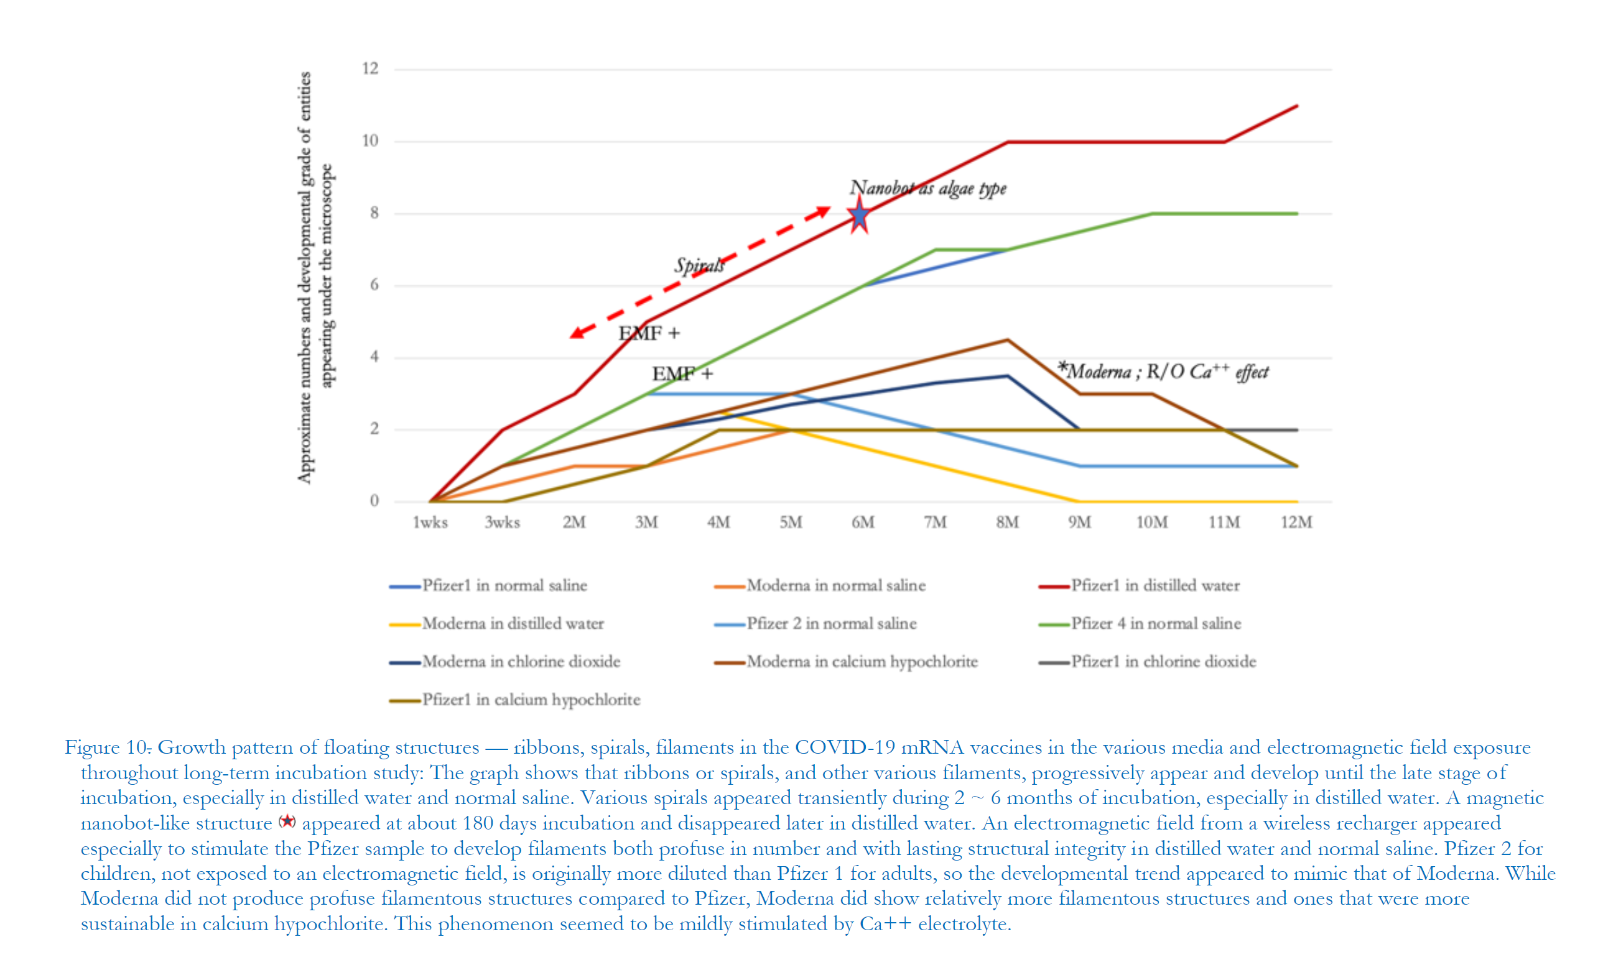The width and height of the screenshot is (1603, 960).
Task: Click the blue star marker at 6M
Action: tap(859, 216)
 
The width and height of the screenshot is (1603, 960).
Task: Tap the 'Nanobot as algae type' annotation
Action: tap(927, 188)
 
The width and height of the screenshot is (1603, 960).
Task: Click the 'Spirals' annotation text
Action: tap(699, 265)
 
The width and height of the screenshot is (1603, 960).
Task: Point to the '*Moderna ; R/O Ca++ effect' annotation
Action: tap(1163, 372)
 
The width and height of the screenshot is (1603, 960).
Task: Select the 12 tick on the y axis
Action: tap(370, 68)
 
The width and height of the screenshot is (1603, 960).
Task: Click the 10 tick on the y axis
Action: tap(370, 141)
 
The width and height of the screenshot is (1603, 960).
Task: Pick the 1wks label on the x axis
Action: tap(430, 522)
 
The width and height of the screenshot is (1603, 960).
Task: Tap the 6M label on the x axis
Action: tap(863, 522)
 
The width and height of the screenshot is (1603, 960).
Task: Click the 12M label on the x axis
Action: tap(1296, 522)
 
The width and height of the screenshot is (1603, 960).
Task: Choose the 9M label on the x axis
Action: tap(1080, 522)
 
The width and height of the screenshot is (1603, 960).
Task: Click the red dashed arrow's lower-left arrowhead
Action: tap(575, 334)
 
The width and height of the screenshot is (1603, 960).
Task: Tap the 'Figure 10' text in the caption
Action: tap(107, 748)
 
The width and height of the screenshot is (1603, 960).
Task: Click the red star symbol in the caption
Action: tap(287, 822)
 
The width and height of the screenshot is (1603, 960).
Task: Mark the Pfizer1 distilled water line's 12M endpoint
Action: tap(1297, 106)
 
